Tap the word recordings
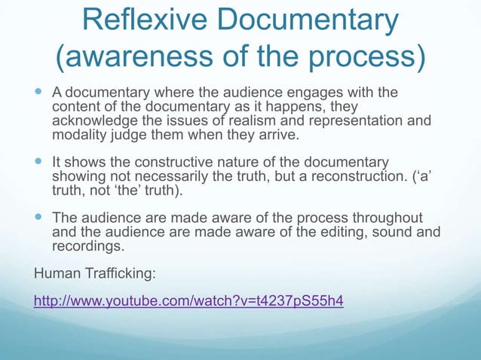[x=87, y=246]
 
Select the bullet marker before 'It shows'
[x=40, y=163]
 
